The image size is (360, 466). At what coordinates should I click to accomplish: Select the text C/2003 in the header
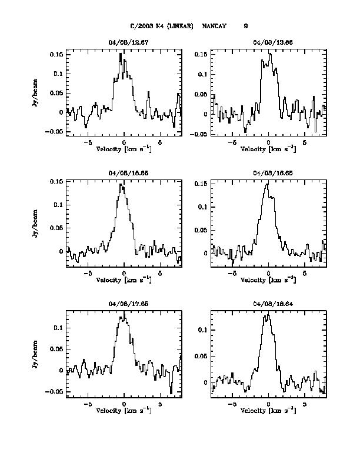click(141, 26)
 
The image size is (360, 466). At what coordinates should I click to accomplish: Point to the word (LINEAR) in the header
click(179, 26)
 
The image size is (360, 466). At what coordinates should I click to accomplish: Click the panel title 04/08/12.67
click(124, 43)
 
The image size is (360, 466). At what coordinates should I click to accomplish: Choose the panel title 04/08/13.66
click(269, 43)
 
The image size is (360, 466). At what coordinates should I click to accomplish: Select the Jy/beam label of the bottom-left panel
click(36, 352)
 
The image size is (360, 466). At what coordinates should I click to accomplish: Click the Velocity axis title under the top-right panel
click(268, 149)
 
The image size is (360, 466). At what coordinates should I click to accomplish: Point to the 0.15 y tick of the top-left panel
click(56, 54)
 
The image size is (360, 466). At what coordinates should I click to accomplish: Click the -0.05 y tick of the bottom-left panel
click(55, 391)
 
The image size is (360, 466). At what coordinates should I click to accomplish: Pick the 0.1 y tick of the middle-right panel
click(202, 207)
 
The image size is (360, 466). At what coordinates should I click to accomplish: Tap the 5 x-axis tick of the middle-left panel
click(160, 274)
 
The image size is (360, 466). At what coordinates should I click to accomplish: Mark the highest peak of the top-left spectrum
click(121, 54)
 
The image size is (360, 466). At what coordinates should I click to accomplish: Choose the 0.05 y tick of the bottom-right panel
click(201, 356)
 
